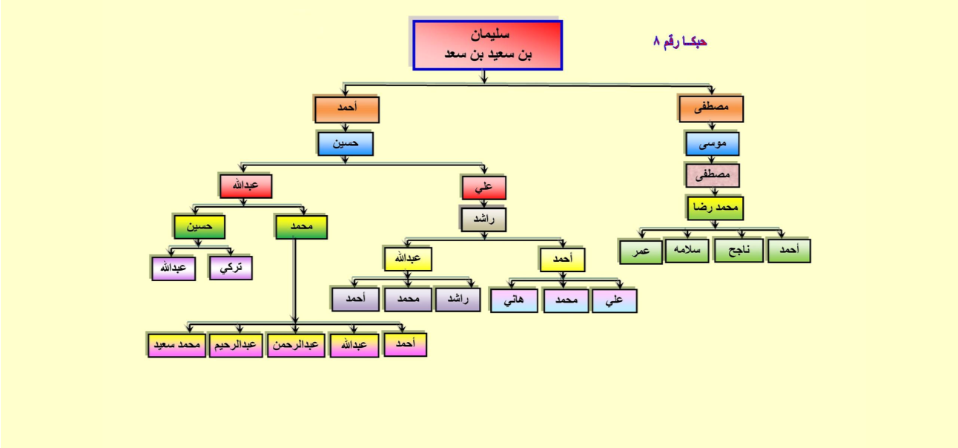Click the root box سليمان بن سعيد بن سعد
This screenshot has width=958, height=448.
pyautogui.click(x=488, y=45)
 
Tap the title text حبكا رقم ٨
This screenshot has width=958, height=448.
pyautogui.click(x=680, y=42)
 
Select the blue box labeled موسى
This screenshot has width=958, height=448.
pyautogui.click(x=712, y=144)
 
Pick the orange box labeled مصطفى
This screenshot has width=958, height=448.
pyautogui.click(x=711, y=109)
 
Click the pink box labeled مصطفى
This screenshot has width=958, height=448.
pyautogui.click(x=713, y=175)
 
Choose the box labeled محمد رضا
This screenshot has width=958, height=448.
pyautogui.click(x=715, y=208)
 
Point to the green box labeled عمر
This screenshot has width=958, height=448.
pyautogui.click(x=641, y=251)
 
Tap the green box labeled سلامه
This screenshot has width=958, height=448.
pyautogui.click(x=687, y=250)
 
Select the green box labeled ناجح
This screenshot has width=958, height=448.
pyautogui.click(x=739, y=250)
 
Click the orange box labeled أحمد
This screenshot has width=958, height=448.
pyautogui.click(x=347, y=110)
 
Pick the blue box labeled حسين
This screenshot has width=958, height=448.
pyautogui.click(x=346, y=143)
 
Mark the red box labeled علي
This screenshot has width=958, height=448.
pyautogui.click(x=483, y=188)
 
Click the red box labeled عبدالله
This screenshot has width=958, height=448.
pyautogui.click(x=246, y=186)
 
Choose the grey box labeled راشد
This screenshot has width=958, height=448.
pyautogui.click(x=483, y=220)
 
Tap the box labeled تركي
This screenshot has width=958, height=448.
pyautogui.click(x=231, y=268)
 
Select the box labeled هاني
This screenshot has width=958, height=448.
pyautogui.click(x=514, y=301)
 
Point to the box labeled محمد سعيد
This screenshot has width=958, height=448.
pyautogui.click(x=176, y=345)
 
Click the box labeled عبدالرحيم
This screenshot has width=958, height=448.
pyautogui.click(x=236, y=345)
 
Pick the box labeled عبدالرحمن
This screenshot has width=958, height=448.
pyautogui.click(x=296, y=345)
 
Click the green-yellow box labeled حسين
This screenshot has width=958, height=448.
pyautogui.click(x=199, y=227)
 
